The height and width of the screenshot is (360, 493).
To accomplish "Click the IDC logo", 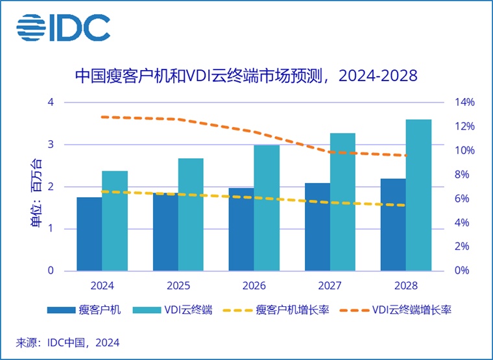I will tap(64, 27).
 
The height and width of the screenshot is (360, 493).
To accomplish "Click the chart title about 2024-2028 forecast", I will tap(246, 77).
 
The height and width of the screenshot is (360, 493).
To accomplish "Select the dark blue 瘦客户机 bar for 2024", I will tap(89, 234).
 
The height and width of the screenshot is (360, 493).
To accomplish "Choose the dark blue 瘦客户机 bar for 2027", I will tap(317, 227).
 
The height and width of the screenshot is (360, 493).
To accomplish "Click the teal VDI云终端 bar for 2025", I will tap(191, 214).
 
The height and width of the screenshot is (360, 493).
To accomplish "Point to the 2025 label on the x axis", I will tap(178, 285).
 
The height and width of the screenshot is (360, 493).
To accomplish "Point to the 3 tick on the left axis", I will tap(50, 145).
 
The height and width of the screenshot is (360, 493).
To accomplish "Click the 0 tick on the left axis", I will tap(50, 270).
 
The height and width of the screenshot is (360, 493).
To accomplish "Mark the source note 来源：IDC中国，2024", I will tap(68, 342).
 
